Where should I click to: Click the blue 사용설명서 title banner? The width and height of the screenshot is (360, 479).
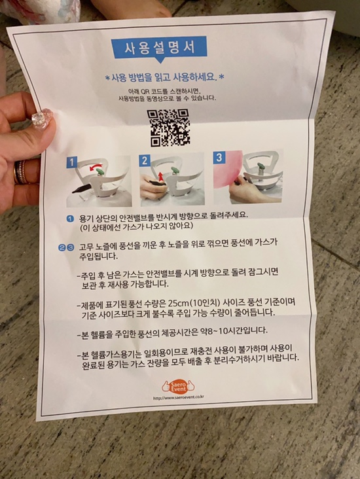(x=158, y=48)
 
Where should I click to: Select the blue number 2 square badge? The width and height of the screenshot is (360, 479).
(x=145, y=159)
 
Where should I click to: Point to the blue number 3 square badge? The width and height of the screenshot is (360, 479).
(x=219, y=157)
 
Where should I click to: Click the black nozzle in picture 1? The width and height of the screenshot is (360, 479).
(x=82, y=188)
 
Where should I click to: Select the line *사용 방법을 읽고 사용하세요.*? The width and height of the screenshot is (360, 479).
(x=164, y=77)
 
